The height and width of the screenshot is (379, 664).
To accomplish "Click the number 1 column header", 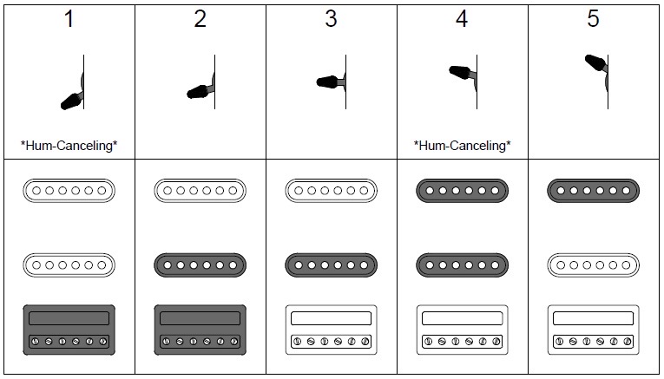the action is [x=69, y=19].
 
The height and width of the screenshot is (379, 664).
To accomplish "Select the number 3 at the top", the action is [x=331, y=19].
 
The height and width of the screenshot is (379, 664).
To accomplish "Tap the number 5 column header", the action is [x=594, y=19].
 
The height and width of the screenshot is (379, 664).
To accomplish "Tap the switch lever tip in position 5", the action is [x=588, y=59].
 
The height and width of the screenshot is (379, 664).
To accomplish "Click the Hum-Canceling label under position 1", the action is [x=69, y=146].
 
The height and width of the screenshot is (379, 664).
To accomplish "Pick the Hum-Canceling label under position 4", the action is [x=462, y=146].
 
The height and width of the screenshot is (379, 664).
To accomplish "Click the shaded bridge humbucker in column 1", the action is [x=69, y=330].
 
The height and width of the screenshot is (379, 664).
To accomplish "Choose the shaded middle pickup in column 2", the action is [x=200, y=265].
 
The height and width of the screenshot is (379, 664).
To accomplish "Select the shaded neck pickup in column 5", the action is [x=594, y=191].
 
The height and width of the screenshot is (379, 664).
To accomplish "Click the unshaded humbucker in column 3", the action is [x=332, y=330].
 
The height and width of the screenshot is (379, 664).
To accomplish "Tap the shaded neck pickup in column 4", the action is [x=462, y=191].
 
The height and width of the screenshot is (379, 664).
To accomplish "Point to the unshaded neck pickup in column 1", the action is [x=69, y=191].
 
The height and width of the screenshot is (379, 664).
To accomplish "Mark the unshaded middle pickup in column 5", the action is [x=594, y=265].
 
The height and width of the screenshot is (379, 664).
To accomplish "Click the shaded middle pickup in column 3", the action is [x=332, y=265].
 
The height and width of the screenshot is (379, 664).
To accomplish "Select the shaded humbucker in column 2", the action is [x=200, y=330].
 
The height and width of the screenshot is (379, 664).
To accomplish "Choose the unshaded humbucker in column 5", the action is [x=594, y=330].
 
